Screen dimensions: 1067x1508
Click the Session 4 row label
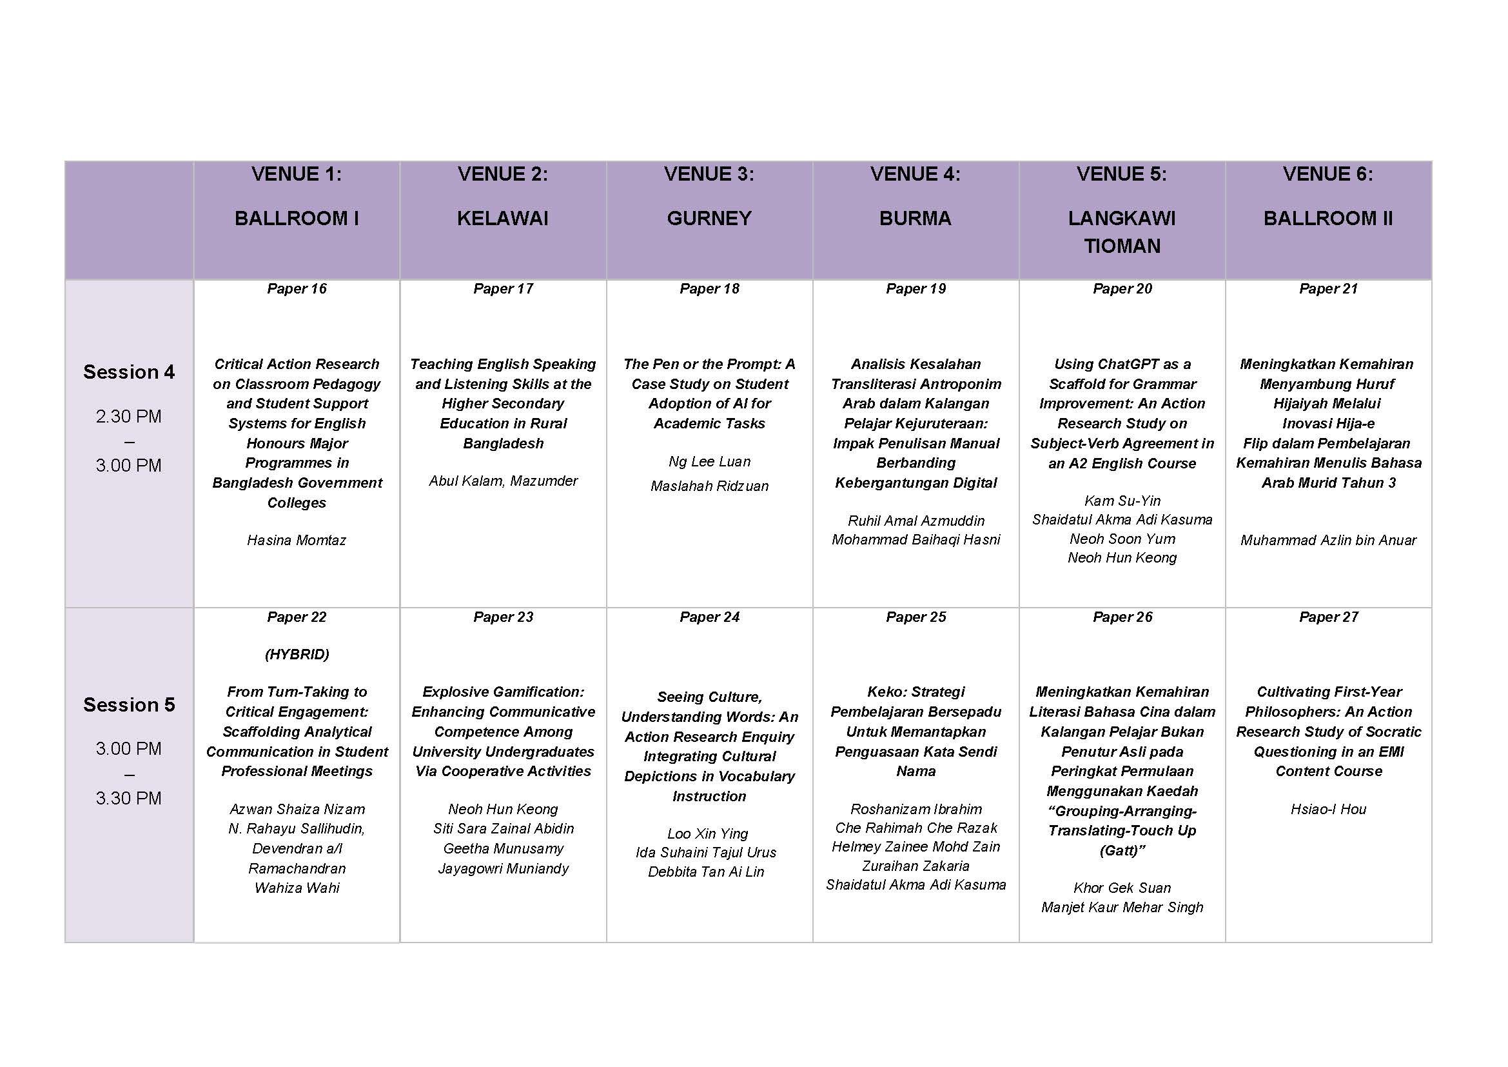point(129,372)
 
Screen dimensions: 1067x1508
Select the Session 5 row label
point(129,704)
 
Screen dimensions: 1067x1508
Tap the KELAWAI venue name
point(502,218)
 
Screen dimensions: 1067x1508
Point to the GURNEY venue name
point(709,218)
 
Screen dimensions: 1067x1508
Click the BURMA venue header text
point(915,218)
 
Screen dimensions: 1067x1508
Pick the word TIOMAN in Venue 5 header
point(1122,246)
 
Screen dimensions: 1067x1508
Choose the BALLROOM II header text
point(1327,218)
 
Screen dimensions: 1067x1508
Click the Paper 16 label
point(296,288)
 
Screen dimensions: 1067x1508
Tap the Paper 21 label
point(1327,288)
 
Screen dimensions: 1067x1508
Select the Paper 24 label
point(709,617)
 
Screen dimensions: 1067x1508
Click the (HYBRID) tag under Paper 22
point(296,654)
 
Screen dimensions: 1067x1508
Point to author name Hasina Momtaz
point(296,540)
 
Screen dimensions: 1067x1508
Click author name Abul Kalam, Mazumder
point(502,481)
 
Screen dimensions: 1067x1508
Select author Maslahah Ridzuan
point(709,486)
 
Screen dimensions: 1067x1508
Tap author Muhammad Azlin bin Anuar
point(1327,540)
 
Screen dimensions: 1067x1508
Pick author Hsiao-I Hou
point(1327,809)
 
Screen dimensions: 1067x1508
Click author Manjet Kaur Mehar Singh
point(1122,908)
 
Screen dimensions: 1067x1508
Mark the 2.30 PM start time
point(129,417)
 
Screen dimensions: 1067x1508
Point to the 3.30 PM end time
point(129,798)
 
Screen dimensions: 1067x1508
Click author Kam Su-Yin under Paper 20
point(1122,501)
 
